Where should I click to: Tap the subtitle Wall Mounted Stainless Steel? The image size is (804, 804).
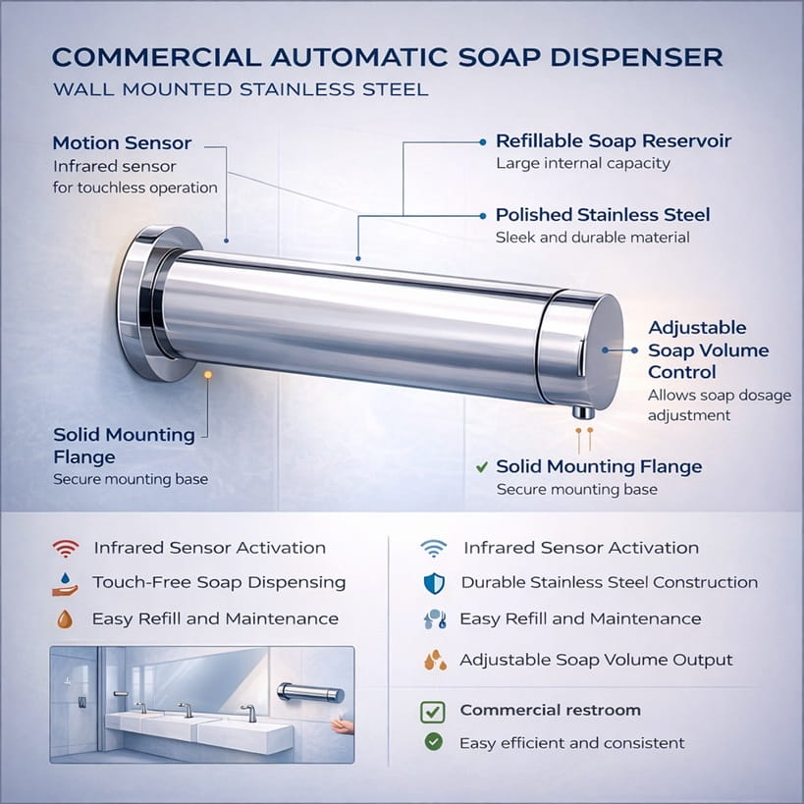pos(241,90)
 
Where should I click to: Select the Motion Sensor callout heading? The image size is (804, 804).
pos(122,143)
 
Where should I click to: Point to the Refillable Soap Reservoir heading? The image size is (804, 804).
pos(614,141)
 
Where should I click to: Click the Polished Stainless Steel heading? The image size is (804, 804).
pos(603,215)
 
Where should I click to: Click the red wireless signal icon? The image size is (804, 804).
pos(66,548)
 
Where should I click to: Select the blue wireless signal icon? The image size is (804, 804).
pos(433,548)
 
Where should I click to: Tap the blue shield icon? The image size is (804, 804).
pos(434,583)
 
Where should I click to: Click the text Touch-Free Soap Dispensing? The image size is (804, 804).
pos(219,582)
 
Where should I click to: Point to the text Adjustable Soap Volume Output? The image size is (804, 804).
pos(596,660)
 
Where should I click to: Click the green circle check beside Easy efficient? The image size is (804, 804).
pos(433,742)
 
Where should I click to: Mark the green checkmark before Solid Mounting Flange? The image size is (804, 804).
pos(481,466)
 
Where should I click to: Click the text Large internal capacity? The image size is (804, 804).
pos(583,164)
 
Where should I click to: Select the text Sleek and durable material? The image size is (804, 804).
pos(592,238)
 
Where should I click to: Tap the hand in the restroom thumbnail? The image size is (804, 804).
pos(340,725)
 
